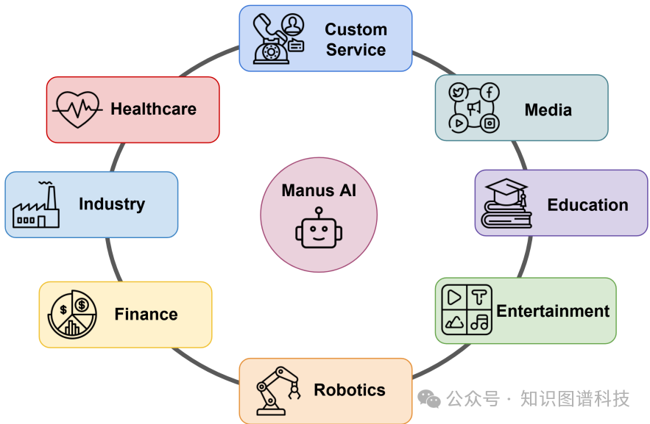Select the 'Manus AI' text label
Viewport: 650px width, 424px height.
pyautogui.click(x=319, y=191)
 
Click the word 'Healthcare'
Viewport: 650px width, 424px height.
pyautogui.click(x=153, y=109)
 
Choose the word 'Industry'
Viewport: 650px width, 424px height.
pyautogui.click(x=112, y=204)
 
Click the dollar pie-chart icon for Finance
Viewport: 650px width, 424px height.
pyautogui.click(x=73, y=315)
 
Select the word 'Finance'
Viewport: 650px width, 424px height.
pyautogui.click(x=146, y=315)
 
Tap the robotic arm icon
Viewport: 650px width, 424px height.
pyautogui.click(x=278, y=390)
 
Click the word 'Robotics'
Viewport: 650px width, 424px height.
pyautogui.click(x=350, y=390)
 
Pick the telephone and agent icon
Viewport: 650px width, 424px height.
pyautogui.click(x=278, y=38)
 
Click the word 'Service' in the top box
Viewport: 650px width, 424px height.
pyautogui.click(x=356, y=50)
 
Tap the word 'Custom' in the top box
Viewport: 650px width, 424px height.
pyautogui.click(x=356, y=29)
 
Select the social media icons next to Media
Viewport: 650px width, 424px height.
pyautogui.click(x=474, y=107)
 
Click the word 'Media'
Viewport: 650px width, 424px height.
pyautogui.click(x=548, y=110)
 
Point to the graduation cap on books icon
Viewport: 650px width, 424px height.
pyautogui.click(x=506, y=204)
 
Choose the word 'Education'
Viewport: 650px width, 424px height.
pyautogui.click(x=587, y=205)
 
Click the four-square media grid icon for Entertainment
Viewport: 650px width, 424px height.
pyautogui.click(x=466, y=309)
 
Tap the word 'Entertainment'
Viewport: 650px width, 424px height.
pyautogui.click(x=553, y=311)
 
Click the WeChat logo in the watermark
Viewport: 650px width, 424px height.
pyautogui.click(x=429, y=399)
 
